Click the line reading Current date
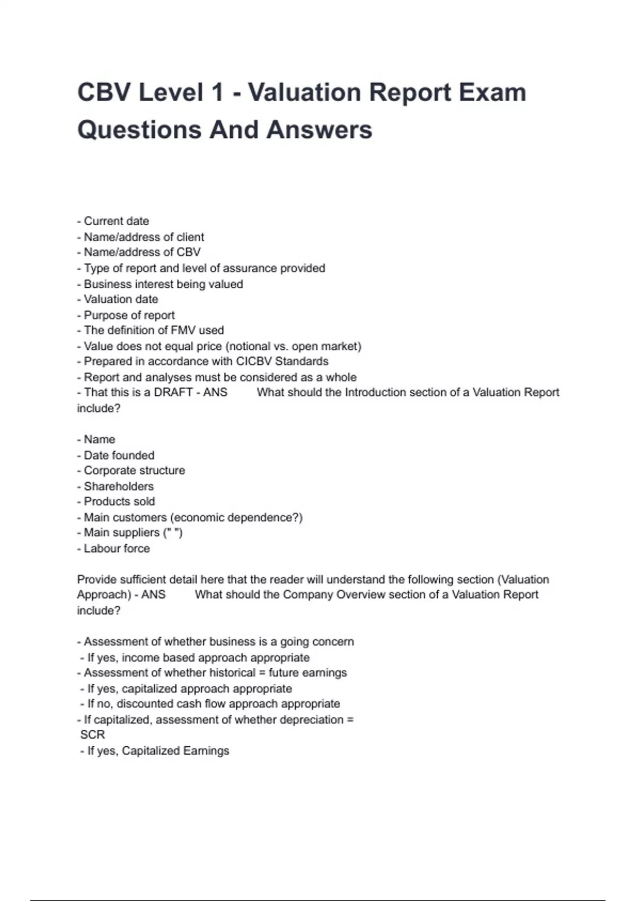[116, 221]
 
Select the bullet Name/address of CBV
[142, 252]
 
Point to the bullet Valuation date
[120, 299]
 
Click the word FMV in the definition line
[183, 330]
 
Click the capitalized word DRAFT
[173, 393]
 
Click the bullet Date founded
[119, 455]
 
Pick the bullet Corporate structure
[134, 471]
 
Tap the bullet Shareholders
[118, 487]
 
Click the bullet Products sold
[119, 501]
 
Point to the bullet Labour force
[117, 549]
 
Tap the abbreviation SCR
[92, 735]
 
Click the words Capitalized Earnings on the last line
[175, 751]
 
